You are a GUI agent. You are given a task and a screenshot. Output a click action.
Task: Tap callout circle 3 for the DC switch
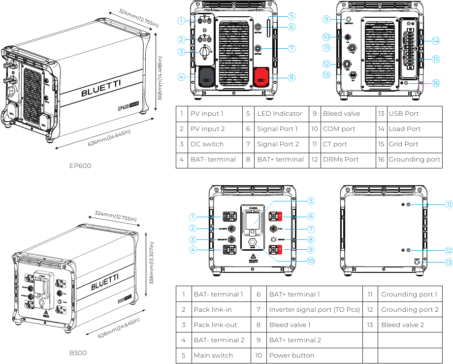tap(181, 52)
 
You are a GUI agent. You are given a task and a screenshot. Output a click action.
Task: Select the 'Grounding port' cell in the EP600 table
tap(414, 160)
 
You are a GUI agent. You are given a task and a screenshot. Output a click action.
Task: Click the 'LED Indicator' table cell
tap(279, 114)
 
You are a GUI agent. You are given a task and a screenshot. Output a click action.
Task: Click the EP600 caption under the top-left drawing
tap(80, 166)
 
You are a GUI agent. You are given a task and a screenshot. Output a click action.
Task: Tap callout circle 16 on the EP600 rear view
tap(436, 83)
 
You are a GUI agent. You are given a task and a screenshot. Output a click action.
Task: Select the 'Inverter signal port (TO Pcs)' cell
tap(314, 310)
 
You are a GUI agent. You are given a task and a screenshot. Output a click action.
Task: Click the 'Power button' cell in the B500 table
tap(291, 356)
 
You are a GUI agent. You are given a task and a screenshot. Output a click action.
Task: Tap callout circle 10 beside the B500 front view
tap(311, 261)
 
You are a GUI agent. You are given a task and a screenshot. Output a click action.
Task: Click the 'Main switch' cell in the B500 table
tap(214, 356)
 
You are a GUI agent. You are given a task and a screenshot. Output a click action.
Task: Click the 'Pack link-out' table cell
tap(215, 325)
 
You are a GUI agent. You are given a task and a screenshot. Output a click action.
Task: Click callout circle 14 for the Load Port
tap(435, 41)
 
